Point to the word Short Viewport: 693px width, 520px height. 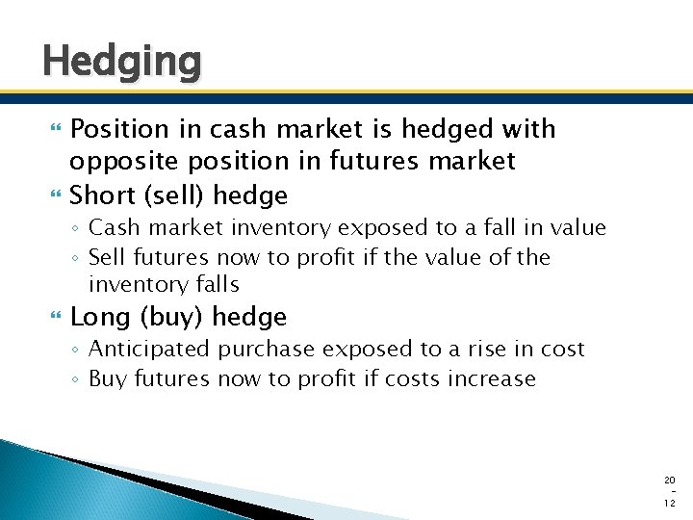[x=101, y=195]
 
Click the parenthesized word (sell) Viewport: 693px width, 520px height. [x=172, y=195]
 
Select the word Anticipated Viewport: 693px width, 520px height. [x=148, y=350]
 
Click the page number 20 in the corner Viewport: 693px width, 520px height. [x=670, y=479]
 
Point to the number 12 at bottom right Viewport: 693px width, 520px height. [x=670, y=504]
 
